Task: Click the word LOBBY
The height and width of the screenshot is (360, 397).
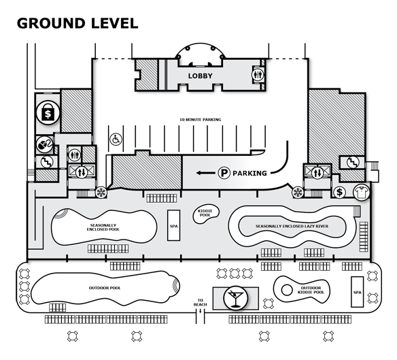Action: click(x=200, y=76)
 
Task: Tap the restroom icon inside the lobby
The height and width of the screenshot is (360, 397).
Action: click(x=258, y=75)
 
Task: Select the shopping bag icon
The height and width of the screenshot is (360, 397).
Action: click(x=48, y=112)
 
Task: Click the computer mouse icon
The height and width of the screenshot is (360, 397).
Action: click(x=44, y=144)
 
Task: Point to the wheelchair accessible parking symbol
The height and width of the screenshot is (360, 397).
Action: click(x=116, y=140)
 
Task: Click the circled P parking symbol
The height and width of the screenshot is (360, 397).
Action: click(x=224, y=173)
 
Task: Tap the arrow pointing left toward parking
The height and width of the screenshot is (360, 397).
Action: click(x=205, y=173)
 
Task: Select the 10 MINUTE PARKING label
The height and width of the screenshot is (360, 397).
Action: click(x=201, y=119)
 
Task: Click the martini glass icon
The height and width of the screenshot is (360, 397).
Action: click(x=235, y=298)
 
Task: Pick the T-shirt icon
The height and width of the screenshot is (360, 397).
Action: click(x=361, y=193)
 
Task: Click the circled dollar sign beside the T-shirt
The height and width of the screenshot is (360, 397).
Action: click(x=339, y=193)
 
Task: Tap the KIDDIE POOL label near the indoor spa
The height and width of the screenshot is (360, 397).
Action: click(x=205, y=213)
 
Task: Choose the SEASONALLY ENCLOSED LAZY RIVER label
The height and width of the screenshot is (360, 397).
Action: click(x=292, y=226)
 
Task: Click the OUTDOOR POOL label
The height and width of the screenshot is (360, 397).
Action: click(x=105, y=288)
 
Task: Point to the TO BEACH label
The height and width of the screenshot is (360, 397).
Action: click(x=201, y=302)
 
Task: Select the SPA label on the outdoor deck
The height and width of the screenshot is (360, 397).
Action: click(x=358, y=293)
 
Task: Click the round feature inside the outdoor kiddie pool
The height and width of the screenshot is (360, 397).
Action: click(x=287, y=290)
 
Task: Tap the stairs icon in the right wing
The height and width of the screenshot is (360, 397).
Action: click(x=353, y=163)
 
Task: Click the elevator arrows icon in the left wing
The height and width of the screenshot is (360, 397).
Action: click(x=82, y=172)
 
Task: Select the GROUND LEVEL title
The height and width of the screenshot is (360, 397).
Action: click(x=77, y=23)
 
